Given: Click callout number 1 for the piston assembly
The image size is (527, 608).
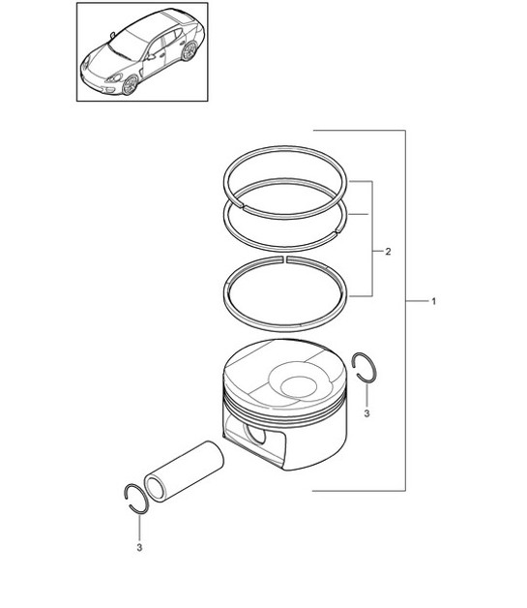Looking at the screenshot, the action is point(433,301).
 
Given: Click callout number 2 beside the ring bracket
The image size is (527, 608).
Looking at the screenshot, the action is point(388,252).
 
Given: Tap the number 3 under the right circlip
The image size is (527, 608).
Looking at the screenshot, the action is point(367,413).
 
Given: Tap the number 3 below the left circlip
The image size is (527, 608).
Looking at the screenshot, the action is point(139,548).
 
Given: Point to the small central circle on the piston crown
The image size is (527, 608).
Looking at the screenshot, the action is point(299,387).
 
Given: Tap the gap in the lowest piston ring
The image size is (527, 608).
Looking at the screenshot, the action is point(285,259).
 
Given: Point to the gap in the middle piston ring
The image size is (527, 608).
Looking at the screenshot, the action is point(336,232).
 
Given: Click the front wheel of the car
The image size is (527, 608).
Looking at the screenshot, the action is point(130,85).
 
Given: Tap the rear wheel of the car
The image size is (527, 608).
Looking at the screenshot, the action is point(189,51).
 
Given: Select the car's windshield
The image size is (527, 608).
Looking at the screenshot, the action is point(129,45).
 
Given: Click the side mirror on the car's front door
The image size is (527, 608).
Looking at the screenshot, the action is point(151,57).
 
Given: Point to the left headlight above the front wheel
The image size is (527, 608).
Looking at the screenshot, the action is point(114,77).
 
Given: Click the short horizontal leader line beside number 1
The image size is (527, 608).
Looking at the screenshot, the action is point(416,301).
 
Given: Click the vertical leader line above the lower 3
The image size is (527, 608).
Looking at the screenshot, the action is point(139,528).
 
